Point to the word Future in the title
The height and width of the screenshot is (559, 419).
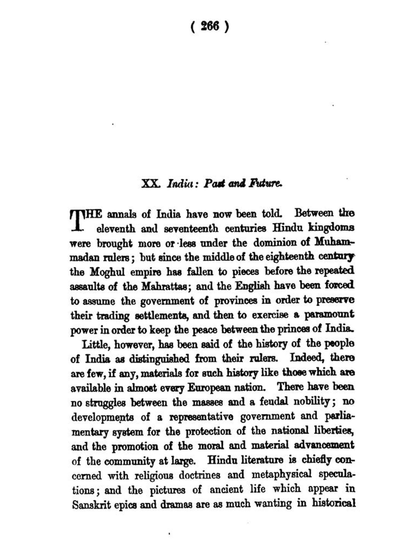coord(265,184)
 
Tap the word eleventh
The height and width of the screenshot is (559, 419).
coord(115,229)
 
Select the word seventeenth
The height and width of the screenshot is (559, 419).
coord(191,229)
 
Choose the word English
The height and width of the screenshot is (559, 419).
coord(253,286)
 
